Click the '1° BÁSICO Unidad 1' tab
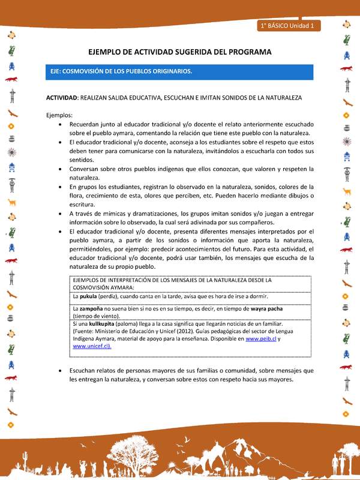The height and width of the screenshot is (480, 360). click(x=290, y=26)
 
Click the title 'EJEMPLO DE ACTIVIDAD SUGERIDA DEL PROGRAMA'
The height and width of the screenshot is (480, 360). click(x=179, y=52)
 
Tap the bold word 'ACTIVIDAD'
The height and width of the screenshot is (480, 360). click(x=62, y=97)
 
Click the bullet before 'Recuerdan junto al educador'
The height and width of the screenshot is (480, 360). click(x=63, y=124)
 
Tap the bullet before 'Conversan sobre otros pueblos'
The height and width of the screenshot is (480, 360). click(x=63, y=169)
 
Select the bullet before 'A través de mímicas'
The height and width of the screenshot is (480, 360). click(x=63, y=213)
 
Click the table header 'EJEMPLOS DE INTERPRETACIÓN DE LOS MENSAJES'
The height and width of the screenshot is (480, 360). click(x=172, y=280)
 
